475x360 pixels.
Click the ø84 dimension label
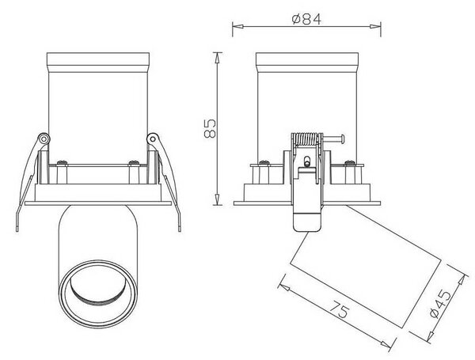[306, 19]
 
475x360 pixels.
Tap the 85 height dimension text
[210, 129]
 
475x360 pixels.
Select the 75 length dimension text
[340, 309]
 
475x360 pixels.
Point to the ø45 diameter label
[441, 304]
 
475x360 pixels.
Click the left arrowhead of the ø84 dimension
[238, 27]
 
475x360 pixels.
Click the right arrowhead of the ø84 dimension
[375, 27]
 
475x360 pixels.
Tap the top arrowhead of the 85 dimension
[217, 58]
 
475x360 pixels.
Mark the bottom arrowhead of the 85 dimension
[217, 200]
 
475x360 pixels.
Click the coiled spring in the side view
[307, 139]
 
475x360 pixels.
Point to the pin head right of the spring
[342, 139]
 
